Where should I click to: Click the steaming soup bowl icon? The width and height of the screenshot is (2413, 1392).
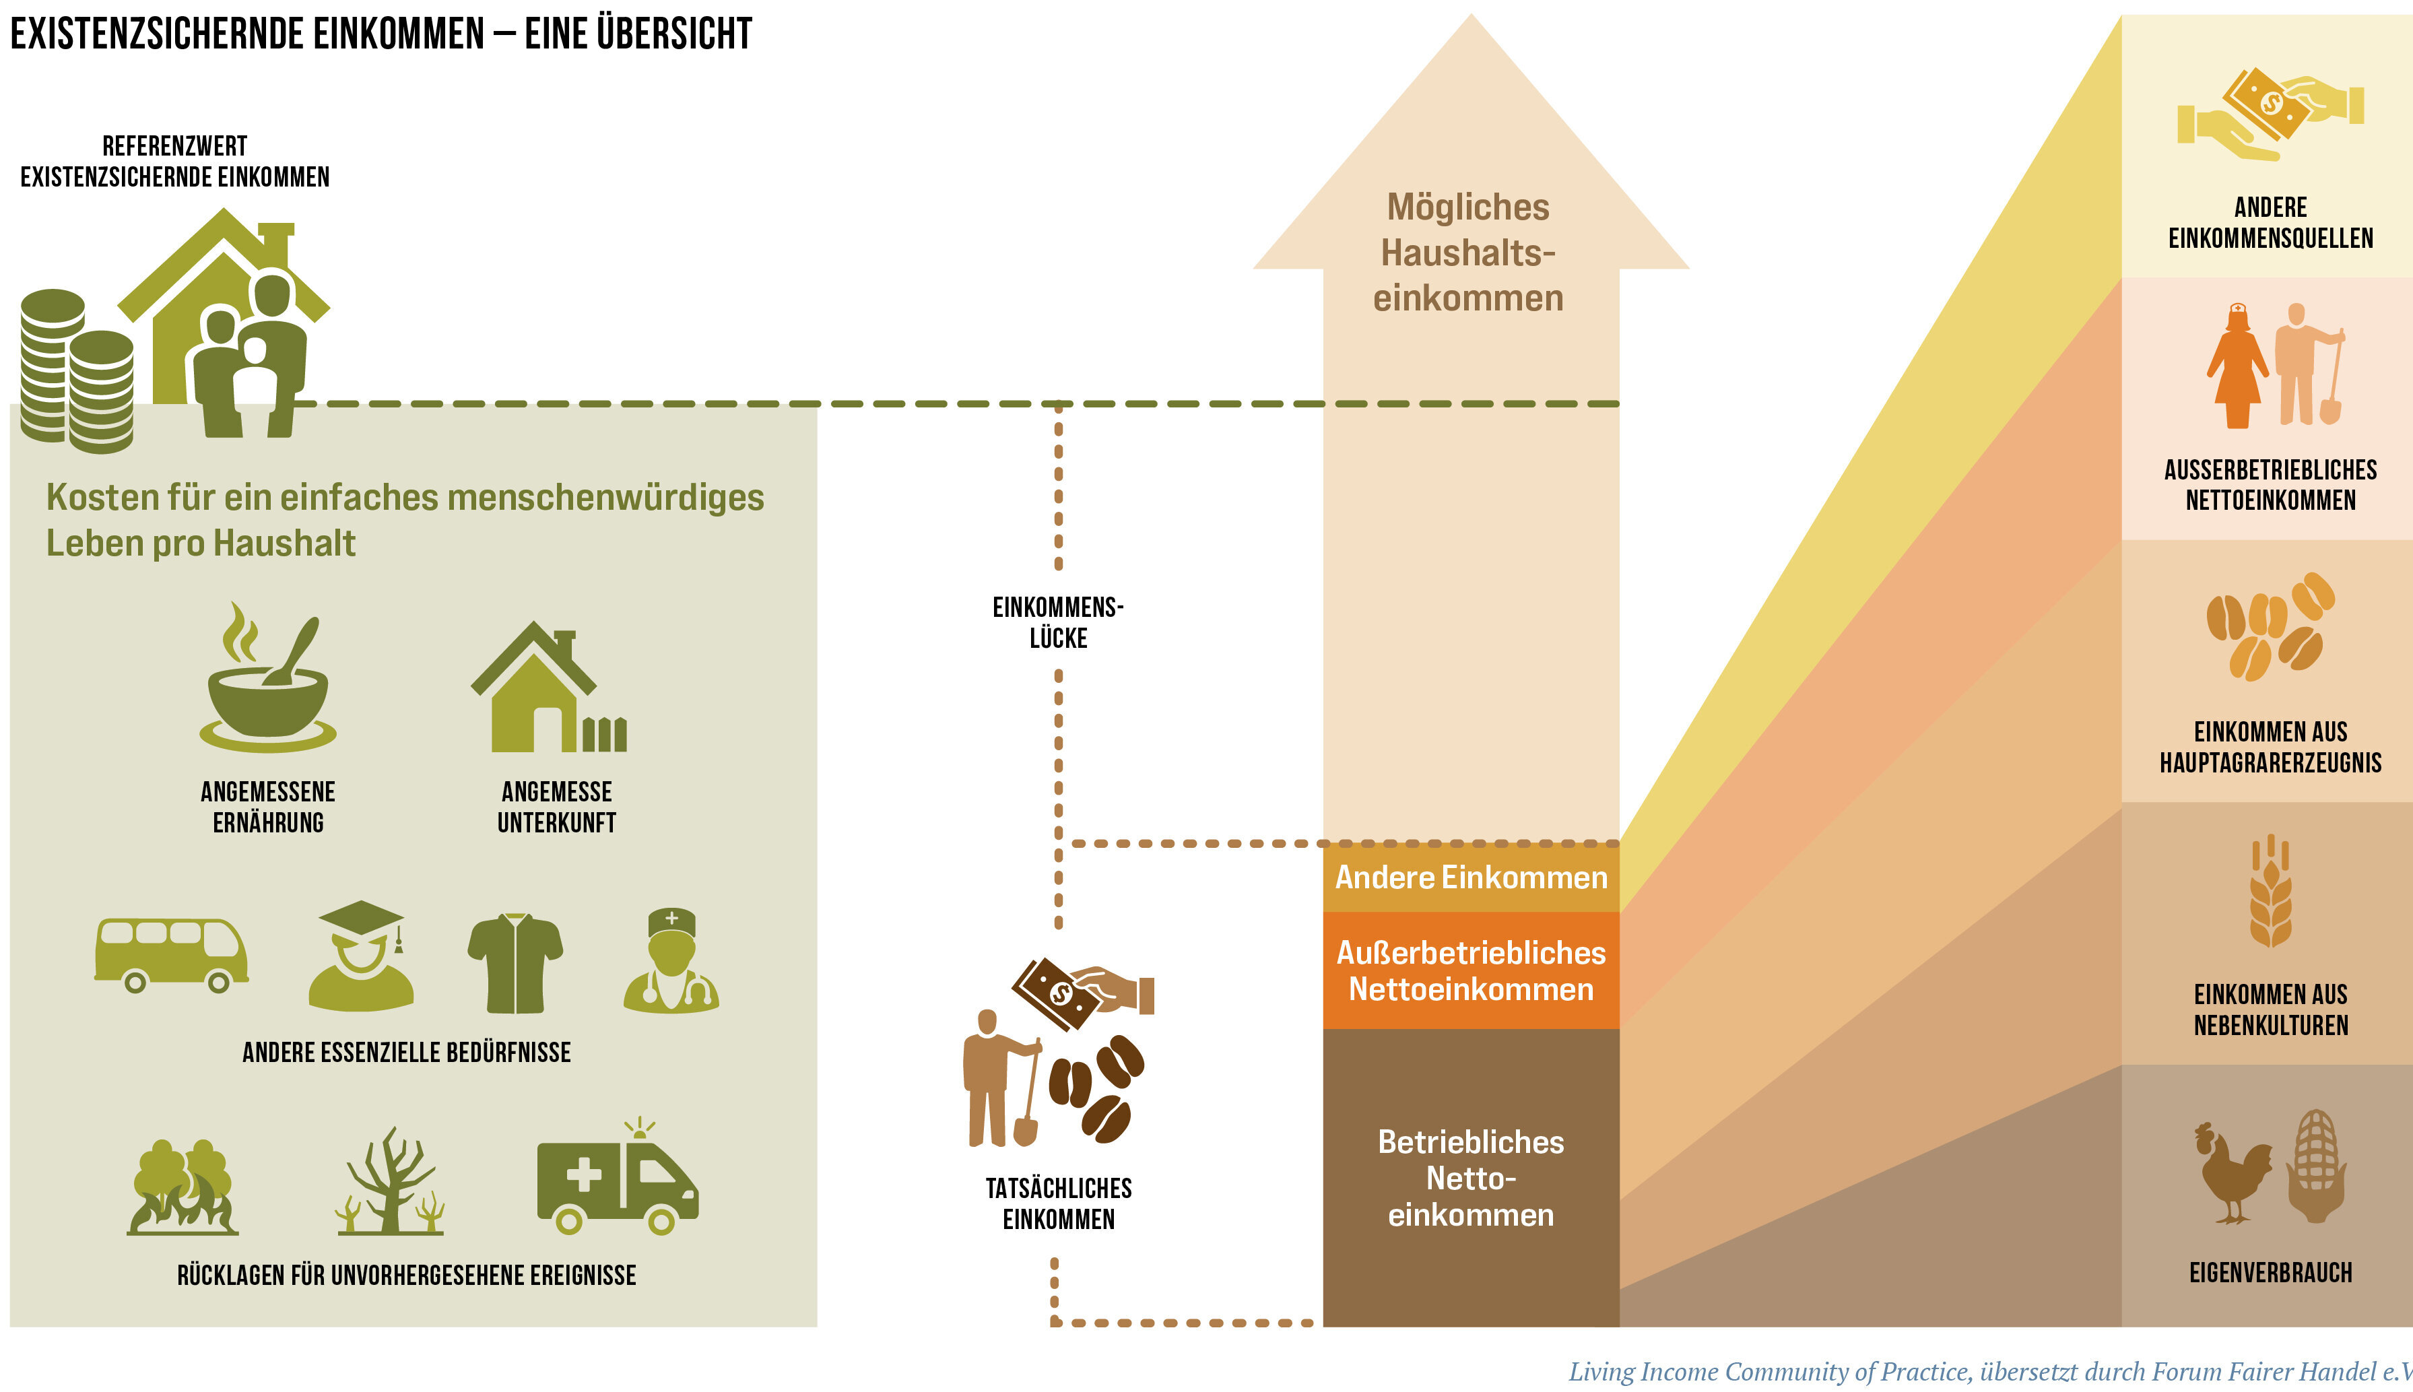pos(267,684)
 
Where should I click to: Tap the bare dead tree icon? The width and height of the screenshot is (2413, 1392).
pos(390,1184)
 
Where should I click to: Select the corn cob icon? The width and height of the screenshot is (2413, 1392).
pos(2315,1166)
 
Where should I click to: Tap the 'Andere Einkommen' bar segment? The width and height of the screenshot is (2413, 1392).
pos(1470,877)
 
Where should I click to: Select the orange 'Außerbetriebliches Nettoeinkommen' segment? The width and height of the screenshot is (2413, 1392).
pos(1470,970)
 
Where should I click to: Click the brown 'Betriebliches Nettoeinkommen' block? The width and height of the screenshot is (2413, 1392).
pos(1470,1178)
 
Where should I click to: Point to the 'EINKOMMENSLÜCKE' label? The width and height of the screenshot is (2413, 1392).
pos(1058,622)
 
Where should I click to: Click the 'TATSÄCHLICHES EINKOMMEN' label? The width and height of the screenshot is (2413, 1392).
pos(1058,1203)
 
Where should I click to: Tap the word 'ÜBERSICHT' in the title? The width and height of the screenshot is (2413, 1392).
pos(674,34)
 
